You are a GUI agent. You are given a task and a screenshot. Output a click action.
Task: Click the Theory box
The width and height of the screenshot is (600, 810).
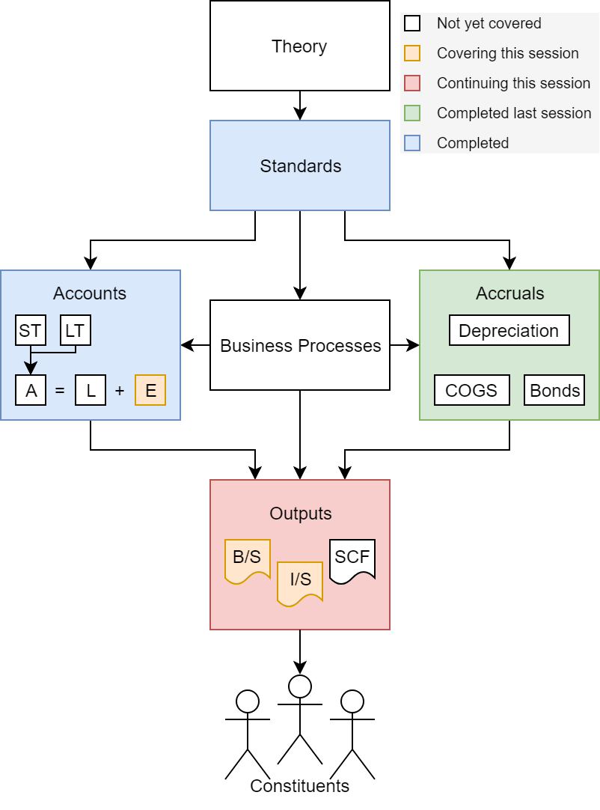point(299,46)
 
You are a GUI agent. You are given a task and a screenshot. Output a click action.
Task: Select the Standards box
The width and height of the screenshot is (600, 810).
point(299,165)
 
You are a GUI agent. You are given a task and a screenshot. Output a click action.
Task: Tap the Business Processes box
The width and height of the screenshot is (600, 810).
point(299,345)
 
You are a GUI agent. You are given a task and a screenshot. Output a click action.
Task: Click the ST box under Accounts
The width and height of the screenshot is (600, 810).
point(30,330)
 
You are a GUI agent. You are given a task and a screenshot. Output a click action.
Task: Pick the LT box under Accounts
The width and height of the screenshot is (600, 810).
point(75,330)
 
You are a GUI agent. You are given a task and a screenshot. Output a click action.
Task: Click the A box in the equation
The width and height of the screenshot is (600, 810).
point(31,390)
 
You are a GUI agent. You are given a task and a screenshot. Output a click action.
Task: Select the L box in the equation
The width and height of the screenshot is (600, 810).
point(91,390)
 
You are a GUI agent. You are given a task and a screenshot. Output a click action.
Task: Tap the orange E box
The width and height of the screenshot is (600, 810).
point(150,390)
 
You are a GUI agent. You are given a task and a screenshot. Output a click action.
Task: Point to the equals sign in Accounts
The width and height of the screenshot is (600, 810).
point(60,390)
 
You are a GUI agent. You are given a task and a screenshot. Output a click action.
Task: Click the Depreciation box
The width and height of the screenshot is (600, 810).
point(509,330)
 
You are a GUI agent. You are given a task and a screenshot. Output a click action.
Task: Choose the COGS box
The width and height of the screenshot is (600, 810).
point(471,390)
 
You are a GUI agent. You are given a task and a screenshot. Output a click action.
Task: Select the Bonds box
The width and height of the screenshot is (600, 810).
point(554,390)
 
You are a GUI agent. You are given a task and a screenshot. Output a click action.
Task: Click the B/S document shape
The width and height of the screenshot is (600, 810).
point(247,558)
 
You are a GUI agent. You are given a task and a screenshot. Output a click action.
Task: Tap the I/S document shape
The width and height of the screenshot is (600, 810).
point(300,580)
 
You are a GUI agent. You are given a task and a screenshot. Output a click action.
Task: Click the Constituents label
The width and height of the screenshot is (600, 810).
point(299,786)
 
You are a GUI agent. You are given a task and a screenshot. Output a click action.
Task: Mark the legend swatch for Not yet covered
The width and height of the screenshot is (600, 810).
point(412,23)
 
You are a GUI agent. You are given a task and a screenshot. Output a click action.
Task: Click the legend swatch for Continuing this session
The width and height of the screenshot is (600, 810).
point(412,83)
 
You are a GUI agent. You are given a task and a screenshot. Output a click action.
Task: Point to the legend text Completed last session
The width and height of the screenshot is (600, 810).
point(513,113)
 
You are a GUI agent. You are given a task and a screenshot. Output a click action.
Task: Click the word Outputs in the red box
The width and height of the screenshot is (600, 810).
point(300,514)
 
